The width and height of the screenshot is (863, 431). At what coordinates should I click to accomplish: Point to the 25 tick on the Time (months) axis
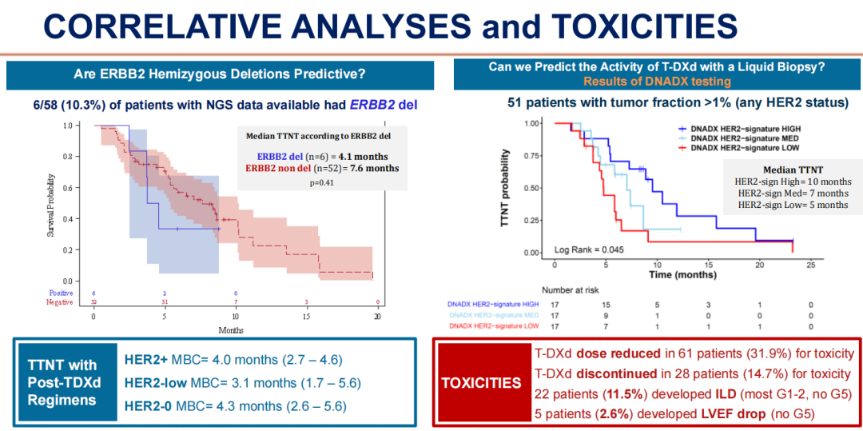[811, 264]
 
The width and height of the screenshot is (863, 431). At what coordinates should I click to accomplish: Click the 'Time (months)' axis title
[682, 273]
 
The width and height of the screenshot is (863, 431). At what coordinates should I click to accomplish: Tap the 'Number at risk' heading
[571, 289]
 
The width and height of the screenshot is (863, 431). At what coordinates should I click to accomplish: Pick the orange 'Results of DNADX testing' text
[657, 82]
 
